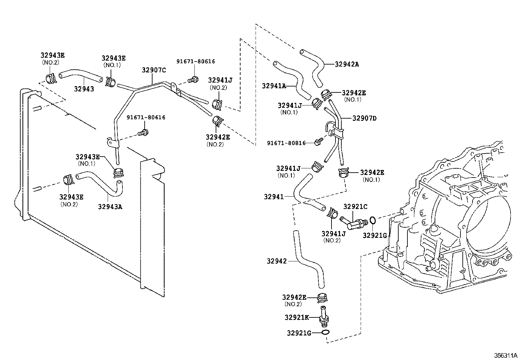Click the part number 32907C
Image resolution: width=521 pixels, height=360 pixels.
(x=154, y=70)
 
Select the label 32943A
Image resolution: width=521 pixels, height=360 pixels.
(x=110, y=206)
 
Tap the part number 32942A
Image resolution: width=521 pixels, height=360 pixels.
(x=347, y=64)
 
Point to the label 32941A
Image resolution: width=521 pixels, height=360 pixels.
(x=274, y=86)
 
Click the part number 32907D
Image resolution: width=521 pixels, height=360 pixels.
(x=364, y=118)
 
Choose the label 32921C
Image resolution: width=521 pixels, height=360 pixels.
(x=355, y=207)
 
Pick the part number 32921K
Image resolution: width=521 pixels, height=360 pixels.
(x=296, y=317)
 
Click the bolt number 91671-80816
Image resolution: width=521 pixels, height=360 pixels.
(x=286, y=143)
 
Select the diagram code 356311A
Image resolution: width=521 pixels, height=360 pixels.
(x=505, y=355)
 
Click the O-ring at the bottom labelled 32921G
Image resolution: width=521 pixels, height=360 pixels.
(x=325, y=333)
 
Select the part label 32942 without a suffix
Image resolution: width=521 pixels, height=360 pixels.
(x=277, y=261)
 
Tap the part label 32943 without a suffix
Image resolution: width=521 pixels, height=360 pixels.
(x=84, y=89)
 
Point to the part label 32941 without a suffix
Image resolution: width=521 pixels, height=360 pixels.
(x=274, y=197)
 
